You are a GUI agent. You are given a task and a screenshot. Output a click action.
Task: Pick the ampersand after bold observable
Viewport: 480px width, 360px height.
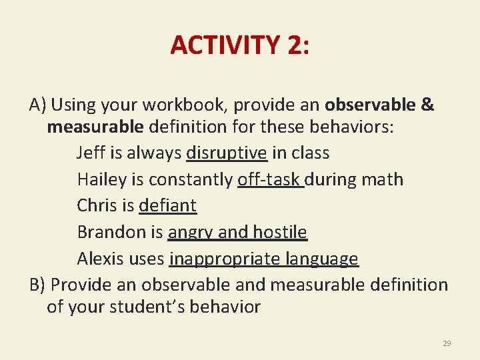tap(427, 105)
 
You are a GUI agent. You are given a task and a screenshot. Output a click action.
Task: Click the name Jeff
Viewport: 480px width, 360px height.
tap(90, 153)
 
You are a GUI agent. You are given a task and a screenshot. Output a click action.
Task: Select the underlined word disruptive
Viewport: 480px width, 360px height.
tap(227, 153)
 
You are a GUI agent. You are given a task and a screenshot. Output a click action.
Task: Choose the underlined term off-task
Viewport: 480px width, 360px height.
tap(270, 179)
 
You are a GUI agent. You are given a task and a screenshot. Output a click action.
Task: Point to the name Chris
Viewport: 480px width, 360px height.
tap(95, 205)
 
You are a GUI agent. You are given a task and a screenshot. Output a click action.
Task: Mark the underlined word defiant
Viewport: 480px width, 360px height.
tap(167, 205)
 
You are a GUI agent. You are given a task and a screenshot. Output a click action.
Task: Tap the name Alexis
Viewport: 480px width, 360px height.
tap(98, 259)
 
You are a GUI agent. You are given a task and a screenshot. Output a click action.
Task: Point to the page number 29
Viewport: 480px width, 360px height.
tap(447, 343)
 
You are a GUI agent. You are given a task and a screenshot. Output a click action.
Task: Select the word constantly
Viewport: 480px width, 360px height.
tap(191, 179)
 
